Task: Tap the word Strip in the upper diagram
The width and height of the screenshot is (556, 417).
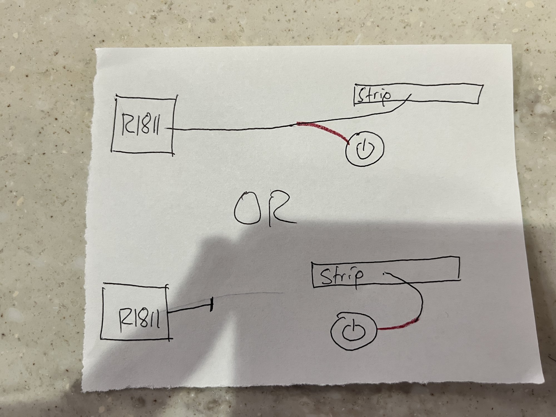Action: click(374, 96)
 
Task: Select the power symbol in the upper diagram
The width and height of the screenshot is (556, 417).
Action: click(365, 149)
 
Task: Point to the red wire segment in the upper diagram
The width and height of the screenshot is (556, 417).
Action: click(325, 130)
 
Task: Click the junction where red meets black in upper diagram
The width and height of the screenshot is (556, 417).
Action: click(295, 124)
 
